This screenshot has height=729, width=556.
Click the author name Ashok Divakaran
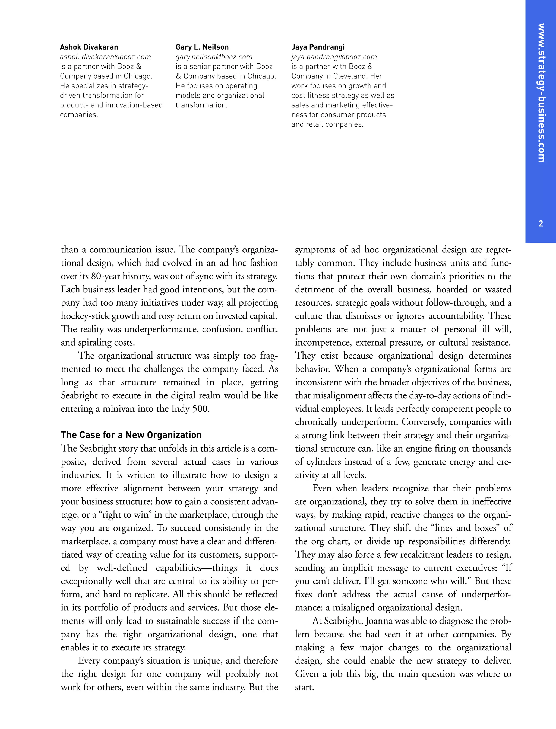[89, 47]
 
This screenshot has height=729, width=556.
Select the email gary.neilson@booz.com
[214, 57]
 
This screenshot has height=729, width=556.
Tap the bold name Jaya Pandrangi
[318, 47]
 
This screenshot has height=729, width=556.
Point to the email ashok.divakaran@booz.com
[105, 57]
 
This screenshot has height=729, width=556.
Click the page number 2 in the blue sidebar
[541, 224]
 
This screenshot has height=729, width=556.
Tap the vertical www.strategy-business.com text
[541, 92]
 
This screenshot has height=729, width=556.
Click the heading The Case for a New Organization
[131, 435]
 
